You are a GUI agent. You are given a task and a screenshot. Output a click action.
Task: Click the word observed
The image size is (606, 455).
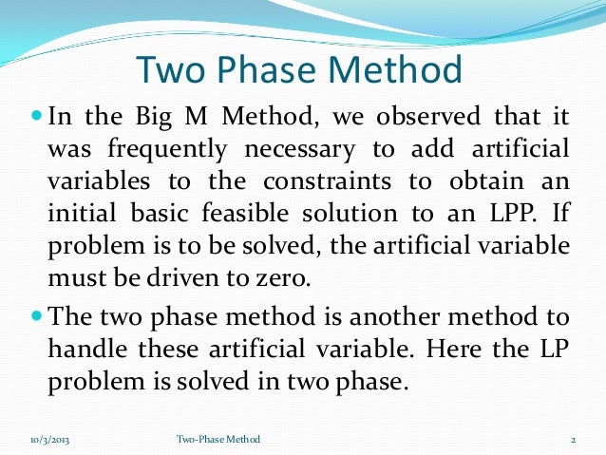tap(433, 119)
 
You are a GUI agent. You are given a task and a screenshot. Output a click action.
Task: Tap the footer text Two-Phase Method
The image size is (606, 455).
tap(218, 439)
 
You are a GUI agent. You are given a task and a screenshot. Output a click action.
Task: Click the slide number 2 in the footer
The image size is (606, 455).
tap(574, 439)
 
